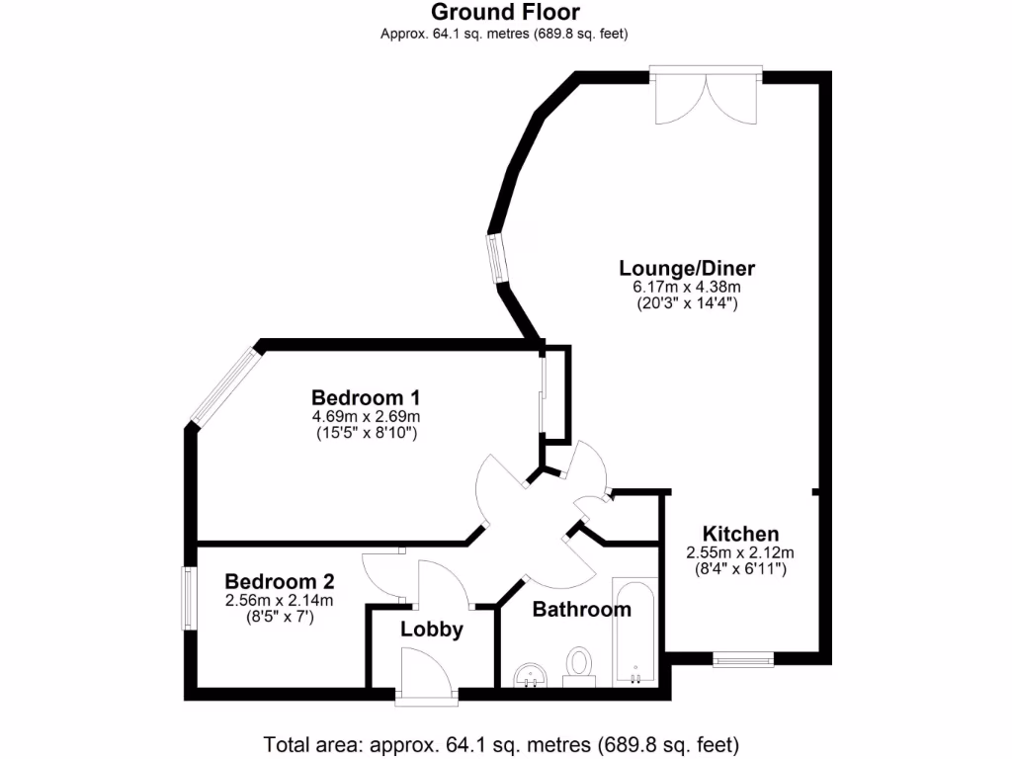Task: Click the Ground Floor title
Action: click(x=505, y=13)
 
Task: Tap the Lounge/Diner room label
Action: click(x=687, y=268)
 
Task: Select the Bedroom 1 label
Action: click(x=366, y=397)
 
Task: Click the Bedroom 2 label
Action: click(x=279, y=581)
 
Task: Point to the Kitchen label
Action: click(x=740, y=534)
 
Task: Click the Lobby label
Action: click(x=432, y=630)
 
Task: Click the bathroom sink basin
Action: click(x=532, y=675)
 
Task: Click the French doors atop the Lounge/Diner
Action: click(x=706, y=94)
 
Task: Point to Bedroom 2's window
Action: click(x=186, y=597)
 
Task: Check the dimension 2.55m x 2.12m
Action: click(x=740, y=552)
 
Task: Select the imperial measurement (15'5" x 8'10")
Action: click(x=366, y=433)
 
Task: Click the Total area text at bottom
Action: click(x=501, y=743)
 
